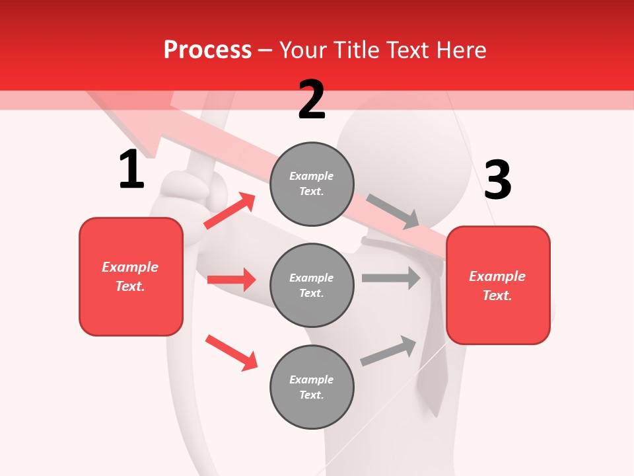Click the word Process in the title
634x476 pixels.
pos(207,50)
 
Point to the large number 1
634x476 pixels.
pos(131,169)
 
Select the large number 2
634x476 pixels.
pos(312,99)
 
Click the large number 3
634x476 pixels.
pos(497,180)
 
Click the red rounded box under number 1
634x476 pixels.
pos(131,276)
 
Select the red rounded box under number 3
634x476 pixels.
pos(498,285)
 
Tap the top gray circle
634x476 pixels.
pos(312,184)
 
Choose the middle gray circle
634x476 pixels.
pos(312,285)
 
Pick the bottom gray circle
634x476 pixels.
pos(312,387)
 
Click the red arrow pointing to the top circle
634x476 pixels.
pos(230,210)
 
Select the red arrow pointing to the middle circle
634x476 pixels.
pos(231,280)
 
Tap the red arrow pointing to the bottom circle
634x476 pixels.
pos(231,352)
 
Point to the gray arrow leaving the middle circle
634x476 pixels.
pos(391,278)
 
